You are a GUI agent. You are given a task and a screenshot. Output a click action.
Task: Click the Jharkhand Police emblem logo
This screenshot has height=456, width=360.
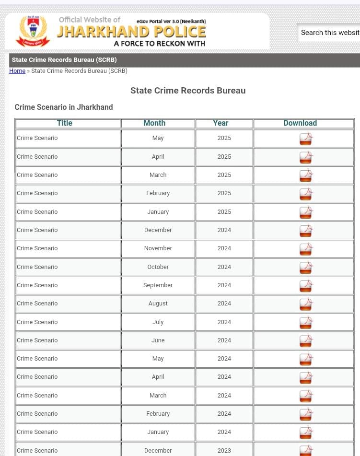(x=33, y=31)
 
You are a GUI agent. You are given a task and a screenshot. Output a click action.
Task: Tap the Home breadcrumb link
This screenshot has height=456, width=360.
(x=17, y=71)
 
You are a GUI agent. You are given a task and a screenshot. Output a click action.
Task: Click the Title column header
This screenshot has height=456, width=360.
(x=65, y=123)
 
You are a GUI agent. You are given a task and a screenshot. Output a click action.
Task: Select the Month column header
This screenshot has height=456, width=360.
(x=154, y=123)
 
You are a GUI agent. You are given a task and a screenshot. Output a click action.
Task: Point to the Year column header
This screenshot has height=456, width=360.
(x=221, y=123)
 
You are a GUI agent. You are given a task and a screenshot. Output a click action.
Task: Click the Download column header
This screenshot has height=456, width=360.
(x=300, y=123)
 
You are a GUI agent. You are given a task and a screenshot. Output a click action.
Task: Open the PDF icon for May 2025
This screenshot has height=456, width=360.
(x=306, y=139)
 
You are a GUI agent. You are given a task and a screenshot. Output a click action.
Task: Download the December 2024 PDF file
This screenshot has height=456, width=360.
(x=306, y=231)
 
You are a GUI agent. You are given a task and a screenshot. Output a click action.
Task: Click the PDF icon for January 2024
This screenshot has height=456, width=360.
(x=306, y=433)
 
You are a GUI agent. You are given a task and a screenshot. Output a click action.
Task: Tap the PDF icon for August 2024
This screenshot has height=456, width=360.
(x=306, y=304)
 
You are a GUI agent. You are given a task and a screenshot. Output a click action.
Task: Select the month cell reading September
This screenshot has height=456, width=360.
(x=158, y=285)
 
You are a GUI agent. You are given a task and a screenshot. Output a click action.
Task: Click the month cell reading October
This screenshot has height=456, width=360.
(x=158, y=267)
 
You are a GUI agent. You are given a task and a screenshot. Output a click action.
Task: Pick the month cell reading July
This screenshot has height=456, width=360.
(x=158, y=322)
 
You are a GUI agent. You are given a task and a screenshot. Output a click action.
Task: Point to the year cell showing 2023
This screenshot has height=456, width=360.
(x=224, y=451)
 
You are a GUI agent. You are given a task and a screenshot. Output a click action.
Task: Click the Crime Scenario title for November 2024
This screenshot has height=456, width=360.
(x=37, y=248)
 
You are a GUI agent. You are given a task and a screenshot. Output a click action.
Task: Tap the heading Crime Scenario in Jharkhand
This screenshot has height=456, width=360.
(x=64, y=107)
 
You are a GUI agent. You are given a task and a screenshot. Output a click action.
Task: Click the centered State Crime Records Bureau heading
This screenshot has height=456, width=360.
(x=188, y=91)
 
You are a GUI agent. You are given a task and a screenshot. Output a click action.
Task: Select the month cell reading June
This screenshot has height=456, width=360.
(x=158, y=340)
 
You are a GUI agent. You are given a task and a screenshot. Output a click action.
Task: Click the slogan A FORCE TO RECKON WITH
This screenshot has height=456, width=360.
(x=159, y=44)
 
